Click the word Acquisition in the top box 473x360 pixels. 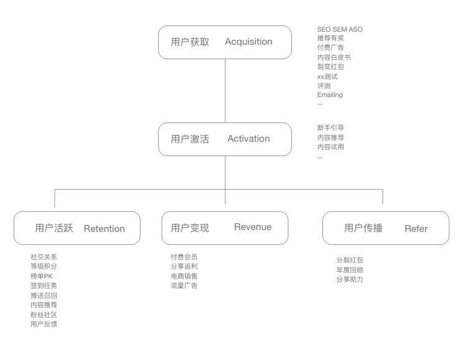pos(248,42)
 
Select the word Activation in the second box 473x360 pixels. pos(248,139)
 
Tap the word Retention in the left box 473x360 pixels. pos(104,228)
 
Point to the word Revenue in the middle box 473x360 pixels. pos(253,227)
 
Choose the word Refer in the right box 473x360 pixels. pos(416,228)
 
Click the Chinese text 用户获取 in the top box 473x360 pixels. pos(190,42)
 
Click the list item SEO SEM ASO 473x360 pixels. pos(339,29)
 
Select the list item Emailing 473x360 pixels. pos(330,95)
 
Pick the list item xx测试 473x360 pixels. pos(327,76)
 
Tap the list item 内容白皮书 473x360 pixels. pos(334,57)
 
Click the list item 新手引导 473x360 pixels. pos(330,127)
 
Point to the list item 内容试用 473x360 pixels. pos(330,147)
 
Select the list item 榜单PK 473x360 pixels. pos(42,275)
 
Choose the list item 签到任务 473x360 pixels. pos(44,285)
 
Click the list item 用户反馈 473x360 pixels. pos(44,324)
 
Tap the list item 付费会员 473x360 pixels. pos(184,256)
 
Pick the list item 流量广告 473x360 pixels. pos(184,285)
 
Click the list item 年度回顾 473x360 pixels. pos(350,270)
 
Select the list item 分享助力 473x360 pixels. pos(350,279)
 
